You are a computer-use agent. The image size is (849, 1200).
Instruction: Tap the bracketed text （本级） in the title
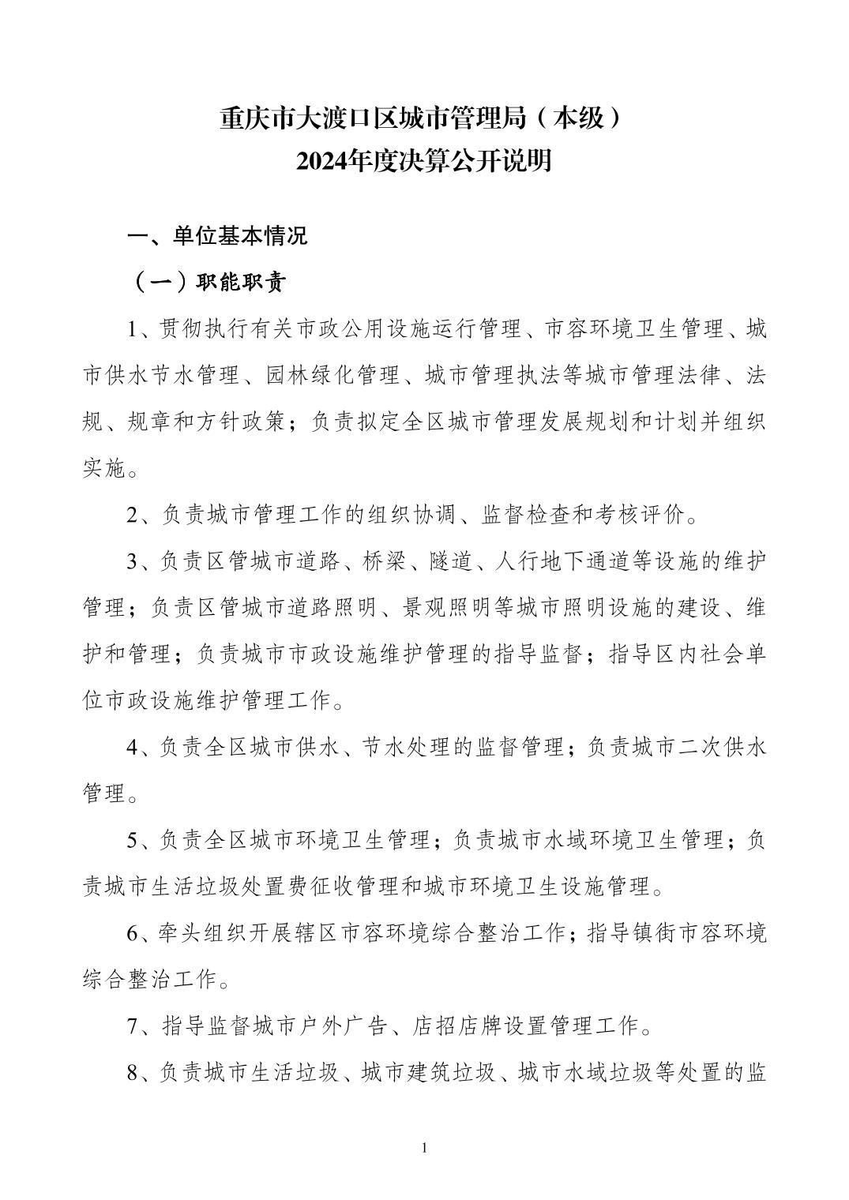point(576,118)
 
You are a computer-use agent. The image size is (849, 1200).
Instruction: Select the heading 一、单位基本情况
point(218,236)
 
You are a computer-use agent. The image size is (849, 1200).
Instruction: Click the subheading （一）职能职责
point(207,283)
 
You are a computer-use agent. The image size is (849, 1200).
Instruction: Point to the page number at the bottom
point(425,1147)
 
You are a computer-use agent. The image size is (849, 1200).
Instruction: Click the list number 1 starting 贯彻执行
point(133,329)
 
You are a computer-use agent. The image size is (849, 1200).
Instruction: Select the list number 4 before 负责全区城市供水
point(133,748)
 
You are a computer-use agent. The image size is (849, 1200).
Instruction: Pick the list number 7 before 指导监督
point(133,1026)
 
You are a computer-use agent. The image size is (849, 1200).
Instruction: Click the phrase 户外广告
point(340,1026)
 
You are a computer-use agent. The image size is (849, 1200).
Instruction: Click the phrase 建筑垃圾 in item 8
point(450,1073)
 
